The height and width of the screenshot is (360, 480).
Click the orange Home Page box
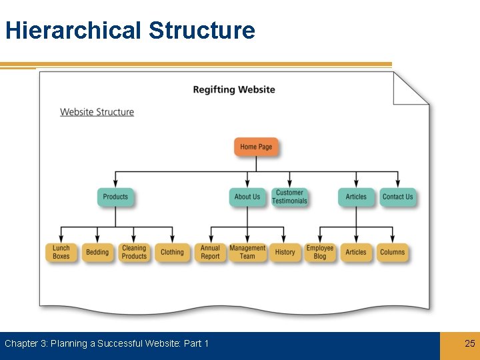point(256,147)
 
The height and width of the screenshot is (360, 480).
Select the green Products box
point(115,197)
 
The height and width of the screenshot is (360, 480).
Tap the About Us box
point(247,197)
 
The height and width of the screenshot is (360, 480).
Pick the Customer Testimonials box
point(289,197)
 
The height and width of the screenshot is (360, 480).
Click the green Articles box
point(356,197)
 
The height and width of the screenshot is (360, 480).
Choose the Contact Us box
point(398,197)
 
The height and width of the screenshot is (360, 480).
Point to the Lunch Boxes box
point(61,252)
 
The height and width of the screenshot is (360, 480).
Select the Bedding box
point(97,252)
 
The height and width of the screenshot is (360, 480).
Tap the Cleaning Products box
point(134,252)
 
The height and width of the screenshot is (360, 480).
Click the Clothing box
point(172,252)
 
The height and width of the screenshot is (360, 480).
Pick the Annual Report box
point(210,252)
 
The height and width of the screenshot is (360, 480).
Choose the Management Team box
point(247,252)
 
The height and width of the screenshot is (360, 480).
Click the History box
point(285,252)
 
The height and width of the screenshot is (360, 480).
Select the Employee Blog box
point(320,252)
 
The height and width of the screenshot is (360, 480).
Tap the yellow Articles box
point(356,252)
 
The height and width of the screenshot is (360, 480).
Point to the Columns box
point(392,252)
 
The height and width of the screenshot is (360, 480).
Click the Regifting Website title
point(234,90)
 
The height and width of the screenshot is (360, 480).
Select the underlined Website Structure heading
point(97,112)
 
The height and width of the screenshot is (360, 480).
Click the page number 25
point(470,343)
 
